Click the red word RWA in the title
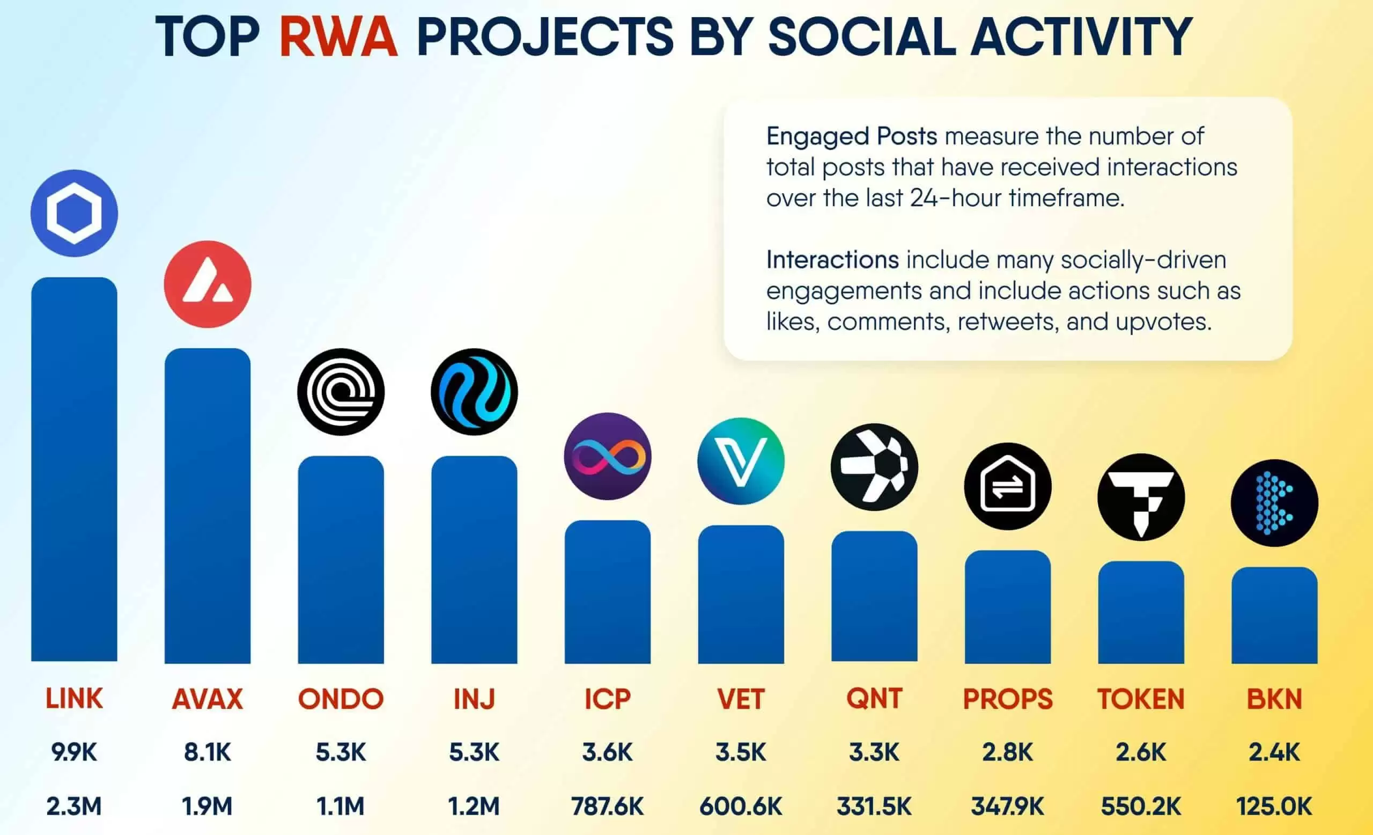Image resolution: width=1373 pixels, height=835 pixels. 338,37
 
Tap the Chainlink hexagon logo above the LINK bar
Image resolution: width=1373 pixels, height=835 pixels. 74,214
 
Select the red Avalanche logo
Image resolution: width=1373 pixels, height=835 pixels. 207,284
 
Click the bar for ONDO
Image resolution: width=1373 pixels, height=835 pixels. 341,560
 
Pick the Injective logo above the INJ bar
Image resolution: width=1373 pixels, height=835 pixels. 474,392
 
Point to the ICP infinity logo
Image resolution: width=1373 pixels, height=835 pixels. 607,457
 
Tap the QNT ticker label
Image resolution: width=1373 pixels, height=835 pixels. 874,699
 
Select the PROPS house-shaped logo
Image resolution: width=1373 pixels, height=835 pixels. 1007,486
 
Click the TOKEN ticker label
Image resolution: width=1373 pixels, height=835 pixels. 1141,699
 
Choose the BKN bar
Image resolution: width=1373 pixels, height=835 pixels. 1274,616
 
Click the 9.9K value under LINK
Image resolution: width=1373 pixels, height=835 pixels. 74,752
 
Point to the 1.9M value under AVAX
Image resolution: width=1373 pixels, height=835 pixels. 207,806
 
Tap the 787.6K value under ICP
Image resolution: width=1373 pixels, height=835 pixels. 607,806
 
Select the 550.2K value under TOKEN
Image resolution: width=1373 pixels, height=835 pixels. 1141,806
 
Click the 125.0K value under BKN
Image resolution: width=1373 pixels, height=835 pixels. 1274,806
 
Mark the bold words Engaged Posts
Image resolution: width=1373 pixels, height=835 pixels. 852,136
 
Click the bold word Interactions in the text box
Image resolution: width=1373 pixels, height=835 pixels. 832,260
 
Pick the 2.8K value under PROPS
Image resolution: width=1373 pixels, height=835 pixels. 1007,752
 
